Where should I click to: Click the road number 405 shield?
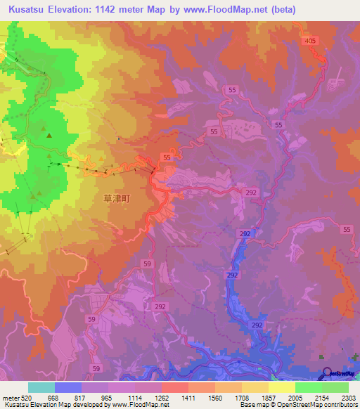[x=311, y=41]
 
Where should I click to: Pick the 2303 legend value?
[x=348, y=397]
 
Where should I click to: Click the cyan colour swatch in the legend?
[x=41, y=387]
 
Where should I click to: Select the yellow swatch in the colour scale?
[x=281, y=387]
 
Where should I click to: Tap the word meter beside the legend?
[x=10, y=397]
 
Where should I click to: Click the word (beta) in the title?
[x=278, y=9]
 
